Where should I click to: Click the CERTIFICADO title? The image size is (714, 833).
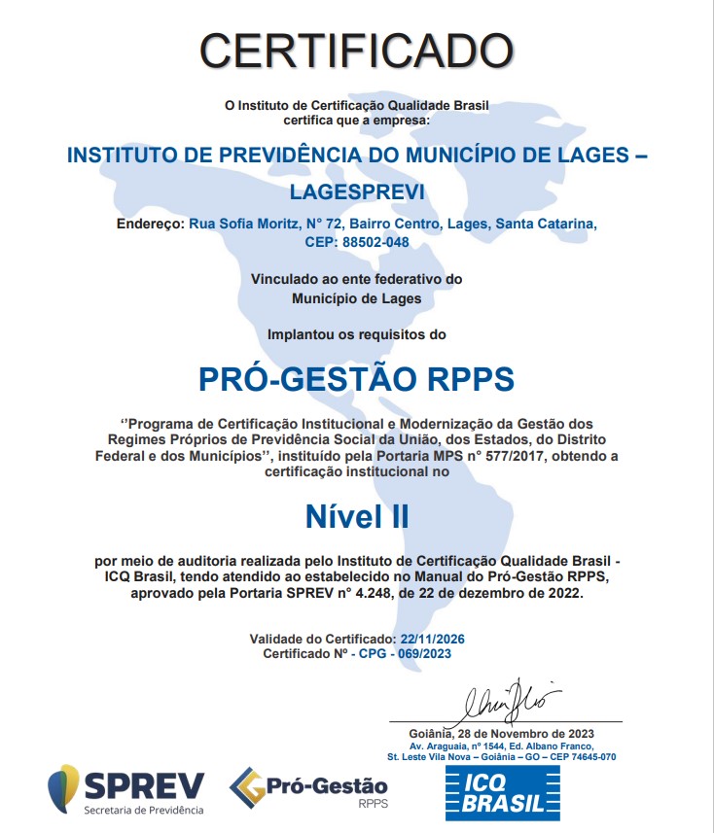(356, 49)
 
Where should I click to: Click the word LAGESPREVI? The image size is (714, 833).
(357, 191)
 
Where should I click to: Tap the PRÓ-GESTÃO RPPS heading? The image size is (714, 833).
(356, 378)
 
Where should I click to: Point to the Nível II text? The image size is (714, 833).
(357, 516)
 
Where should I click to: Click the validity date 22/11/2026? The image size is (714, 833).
(433, 639)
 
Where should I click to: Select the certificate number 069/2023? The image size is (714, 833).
(424, 654)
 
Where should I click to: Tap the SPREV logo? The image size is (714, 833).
(126, 788)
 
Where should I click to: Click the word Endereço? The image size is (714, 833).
(150, 225)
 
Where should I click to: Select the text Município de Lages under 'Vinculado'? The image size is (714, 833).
(356, 298)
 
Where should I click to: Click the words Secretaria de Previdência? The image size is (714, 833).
(144, 810)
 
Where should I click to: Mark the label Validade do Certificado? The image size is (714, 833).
(323, 639)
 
